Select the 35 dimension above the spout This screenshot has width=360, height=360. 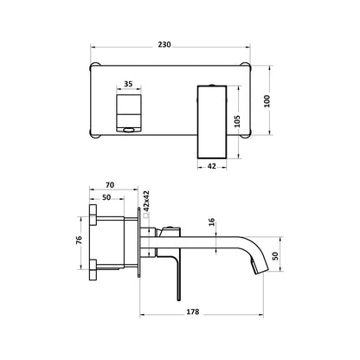[x=129, y=85]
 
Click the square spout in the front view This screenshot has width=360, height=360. [x=128, y=112]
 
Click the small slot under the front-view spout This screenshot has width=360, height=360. [x=128, y=131]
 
